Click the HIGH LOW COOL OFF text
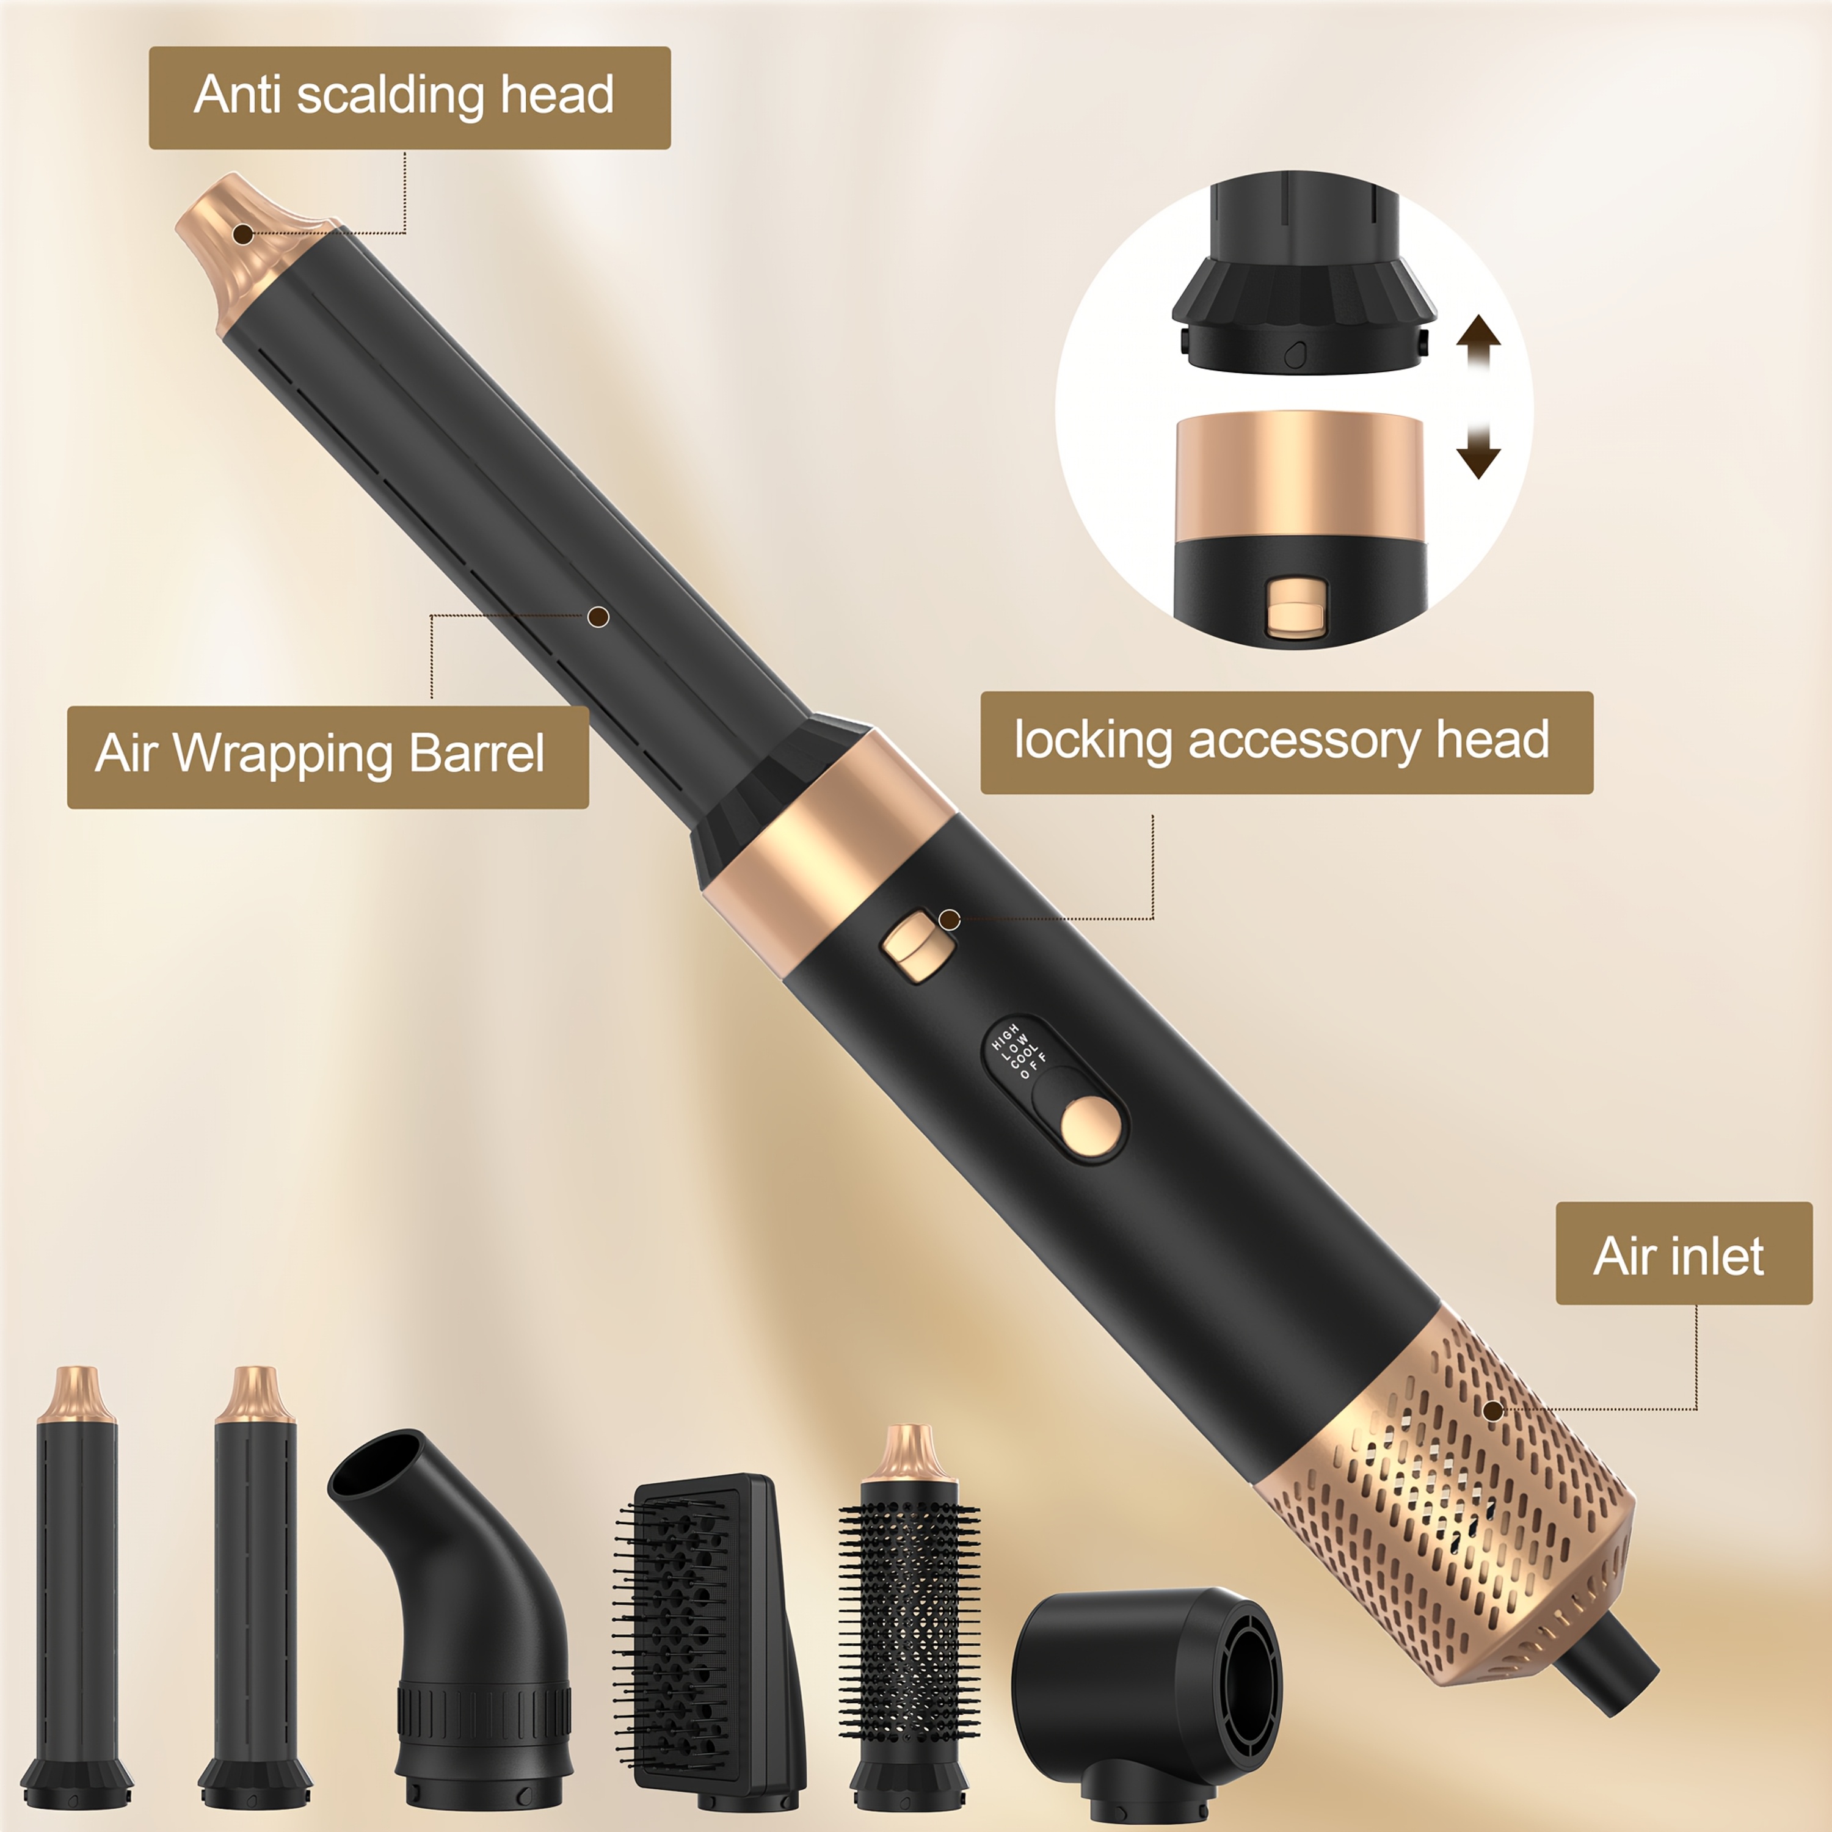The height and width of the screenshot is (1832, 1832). point(1019,1050)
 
